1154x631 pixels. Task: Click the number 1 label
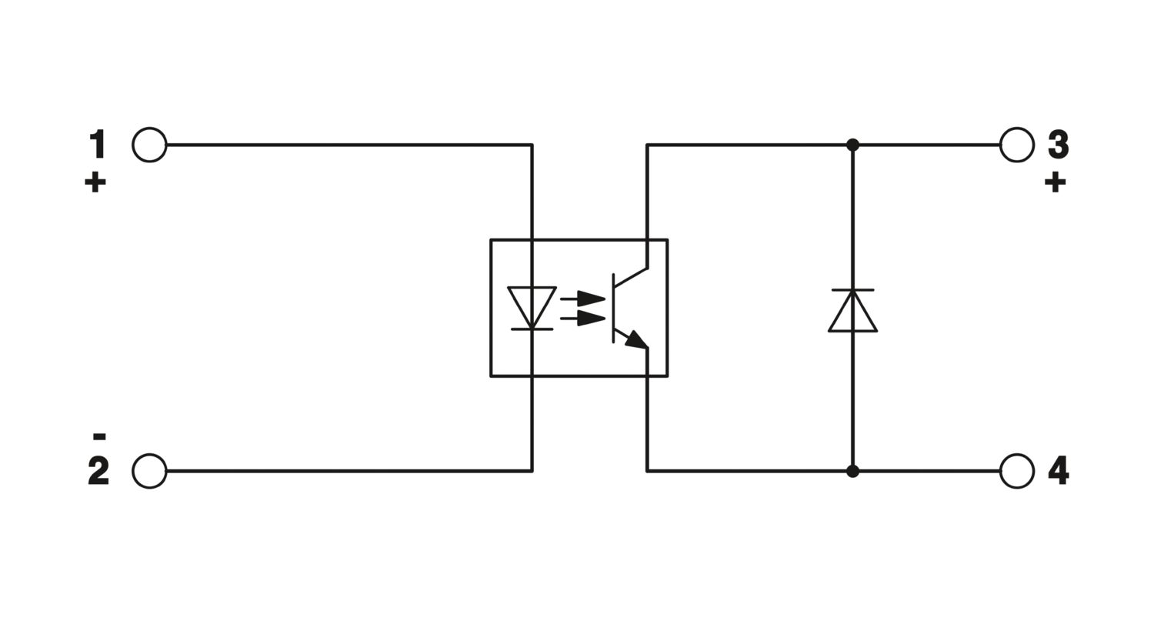point(98,144)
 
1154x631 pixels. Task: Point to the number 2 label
point(98,471)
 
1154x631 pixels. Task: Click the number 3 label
point(1058,144)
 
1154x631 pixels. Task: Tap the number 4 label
point(1058,471)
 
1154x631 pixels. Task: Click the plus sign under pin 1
point(95,183)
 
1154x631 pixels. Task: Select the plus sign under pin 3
point(1055,183)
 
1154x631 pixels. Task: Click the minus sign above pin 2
point(99,437)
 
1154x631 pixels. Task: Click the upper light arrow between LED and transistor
point(582,299)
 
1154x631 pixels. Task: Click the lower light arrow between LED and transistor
point(582,319)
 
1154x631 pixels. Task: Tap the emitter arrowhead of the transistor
point(637,340)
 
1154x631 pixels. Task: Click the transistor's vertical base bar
point(613,308)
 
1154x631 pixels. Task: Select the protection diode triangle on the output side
point(852,311)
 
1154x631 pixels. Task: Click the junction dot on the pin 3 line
point(852,145)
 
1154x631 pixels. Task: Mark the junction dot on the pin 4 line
point(852,471)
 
